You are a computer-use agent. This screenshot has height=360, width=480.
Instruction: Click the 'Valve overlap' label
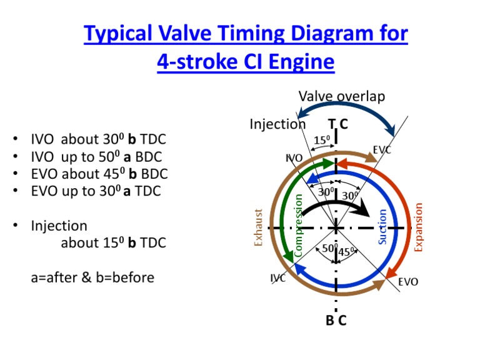[341, 96]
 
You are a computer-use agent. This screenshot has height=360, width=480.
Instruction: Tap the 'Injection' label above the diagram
[277, 124]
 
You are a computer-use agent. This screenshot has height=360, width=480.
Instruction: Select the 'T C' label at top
[337, 124]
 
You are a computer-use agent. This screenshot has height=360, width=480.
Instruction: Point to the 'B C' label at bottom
[336, 321]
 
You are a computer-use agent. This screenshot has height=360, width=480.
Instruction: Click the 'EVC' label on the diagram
[382, 151]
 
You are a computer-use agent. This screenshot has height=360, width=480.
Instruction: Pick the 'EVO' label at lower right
[408, 282]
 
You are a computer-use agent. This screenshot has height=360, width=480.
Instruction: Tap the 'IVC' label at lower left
[278, 278]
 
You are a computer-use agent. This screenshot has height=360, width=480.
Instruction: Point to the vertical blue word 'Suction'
[383, 226]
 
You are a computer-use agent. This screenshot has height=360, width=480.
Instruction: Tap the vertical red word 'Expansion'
[419, 227]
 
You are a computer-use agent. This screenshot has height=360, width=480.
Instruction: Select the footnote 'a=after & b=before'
[92, 277]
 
